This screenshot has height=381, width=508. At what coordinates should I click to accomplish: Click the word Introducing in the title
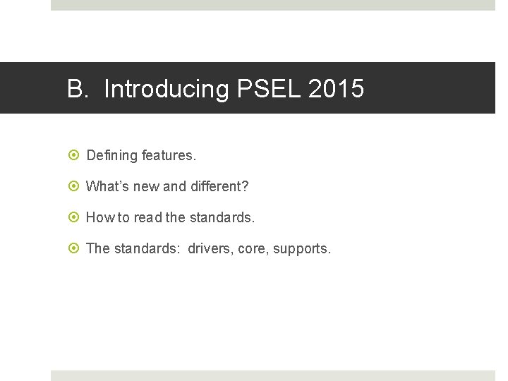(167, 90)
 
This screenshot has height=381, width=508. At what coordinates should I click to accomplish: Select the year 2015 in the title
(337, 90)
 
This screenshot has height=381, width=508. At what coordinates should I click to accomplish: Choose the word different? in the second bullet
(219, 186)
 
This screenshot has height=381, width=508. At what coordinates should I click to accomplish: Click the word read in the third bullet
(148, 217)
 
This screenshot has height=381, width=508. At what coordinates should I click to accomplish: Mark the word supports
(301, 248)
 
